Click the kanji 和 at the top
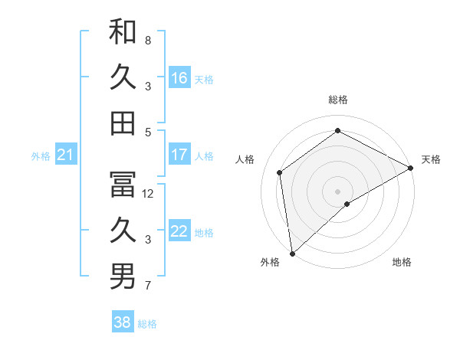[x=123, y=32]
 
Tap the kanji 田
[x=123, y=123]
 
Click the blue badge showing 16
[x=179, y=78]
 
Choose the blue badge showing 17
[x=179, y=155]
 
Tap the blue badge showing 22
[x=179, y=232]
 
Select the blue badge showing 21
[x=66, y=155]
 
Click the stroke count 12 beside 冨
[x=149, y=194]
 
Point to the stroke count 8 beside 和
[x=148, y=41]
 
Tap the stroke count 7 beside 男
[x=148, y=286]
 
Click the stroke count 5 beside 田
[x=148, y=132]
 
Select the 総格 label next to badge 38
[x=147, y=324]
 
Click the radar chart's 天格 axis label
[x=431, y=159]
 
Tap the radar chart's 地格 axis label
[x=402, y=262]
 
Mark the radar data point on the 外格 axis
[x=291, y=253]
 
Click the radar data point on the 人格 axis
[x=280, y=172]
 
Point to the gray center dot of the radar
[x=337, y=191]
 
